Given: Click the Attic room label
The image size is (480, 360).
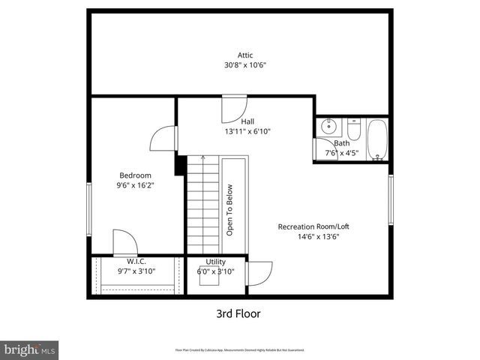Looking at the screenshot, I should pos(245,55).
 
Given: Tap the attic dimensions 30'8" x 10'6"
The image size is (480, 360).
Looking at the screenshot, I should pos(245,65).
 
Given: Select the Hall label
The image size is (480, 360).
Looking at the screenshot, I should pos(247,121).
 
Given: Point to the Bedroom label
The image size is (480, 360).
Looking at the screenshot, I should pos(133,175).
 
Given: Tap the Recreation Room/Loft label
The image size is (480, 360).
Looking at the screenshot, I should pos(313,226).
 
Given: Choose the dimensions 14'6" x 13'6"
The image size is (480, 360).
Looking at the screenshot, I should pos(313,236).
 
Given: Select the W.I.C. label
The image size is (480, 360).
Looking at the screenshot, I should pos(125,261).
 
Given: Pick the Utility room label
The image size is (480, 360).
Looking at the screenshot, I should pos(215,262).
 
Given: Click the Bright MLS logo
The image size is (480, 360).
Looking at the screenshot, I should pos(30,349).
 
